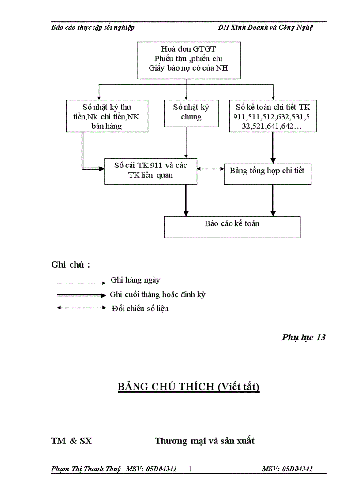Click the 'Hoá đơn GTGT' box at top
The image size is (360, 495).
pos(188,60)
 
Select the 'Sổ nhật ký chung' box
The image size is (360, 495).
pos(191,113)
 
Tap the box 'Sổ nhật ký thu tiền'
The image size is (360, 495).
pos(107,116)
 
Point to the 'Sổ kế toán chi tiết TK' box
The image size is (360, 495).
pos(273,116)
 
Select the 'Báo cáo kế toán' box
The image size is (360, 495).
pos(232,227)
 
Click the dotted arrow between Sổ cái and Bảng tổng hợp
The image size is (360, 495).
pos(210,168)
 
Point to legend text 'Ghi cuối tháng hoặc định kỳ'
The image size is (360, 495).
pos(158,294)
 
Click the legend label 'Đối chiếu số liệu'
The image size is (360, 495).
pos(139,309)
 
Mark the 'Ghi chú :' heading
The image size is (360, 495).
pos(71,264)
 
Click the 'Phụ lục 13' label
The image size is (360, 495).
pos(304,337)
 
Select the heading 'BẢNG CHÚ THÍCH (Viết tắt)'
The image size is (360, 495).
pos(188,387)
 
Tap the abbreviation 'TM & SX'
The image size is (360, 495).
pos(72,441)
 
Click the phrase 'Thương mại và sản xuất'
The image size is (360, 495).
pos(205,441)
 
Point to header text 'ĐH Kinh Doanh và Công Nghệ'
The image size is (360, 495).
pos(265,27)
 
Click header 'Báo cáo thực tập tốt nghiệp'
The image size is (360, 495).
pos(93,27)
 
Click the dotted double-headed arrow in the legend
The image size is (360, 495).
pos(82,308)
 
